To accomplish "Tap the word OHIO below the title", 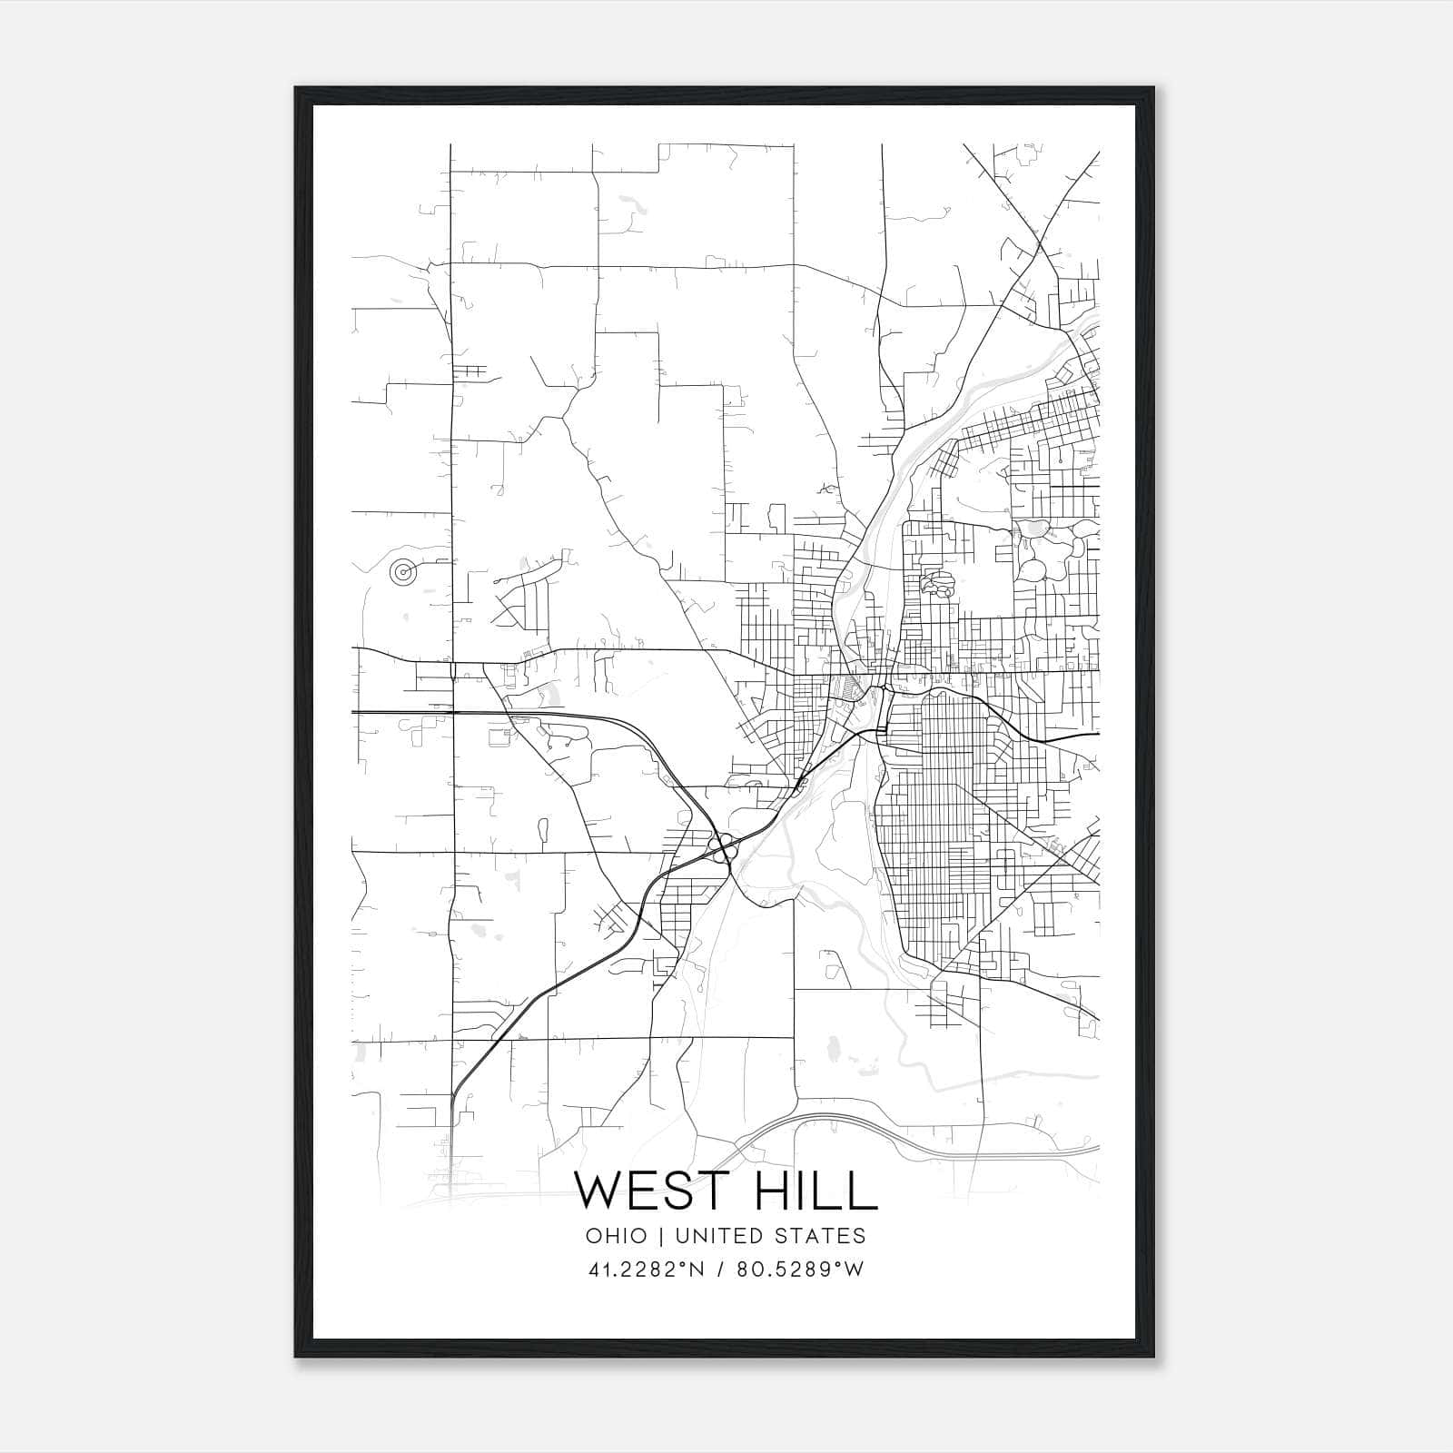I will (617, 1236).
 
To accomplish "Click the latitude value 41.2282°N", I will (647, 1270).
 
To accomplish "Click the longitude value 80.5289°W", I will (799, 1270).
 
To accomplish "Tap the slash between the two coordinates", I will (719, 1270).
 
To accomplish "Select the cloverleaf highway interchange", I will (722, 850).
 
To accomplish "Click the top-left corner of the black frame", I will (297, 89).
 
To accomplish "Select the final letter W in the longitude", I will (854, 1270).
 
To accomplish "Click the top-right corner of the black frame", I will (1152, 89).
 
